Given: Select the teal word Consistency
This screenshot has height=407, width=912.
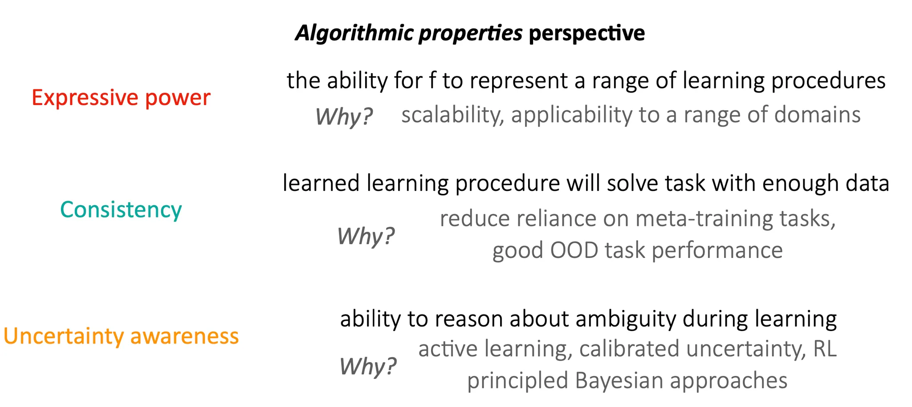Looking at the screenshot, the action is coord(121,210).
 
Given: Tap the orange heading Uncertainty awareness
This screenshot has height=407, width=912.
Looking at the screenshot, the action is coord(121,336).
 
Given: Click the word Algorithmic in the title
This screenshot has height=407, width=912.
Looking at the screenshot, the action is coord(354,33).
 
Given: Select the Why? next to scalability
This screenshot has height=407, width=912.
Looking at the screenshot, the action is coord(343,117).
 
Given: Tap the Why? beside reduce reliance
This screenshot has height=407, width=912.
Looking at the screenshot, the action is coord(366,236).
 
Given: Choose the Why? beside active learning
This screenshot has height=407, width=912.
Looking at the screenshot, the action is coord(368,366).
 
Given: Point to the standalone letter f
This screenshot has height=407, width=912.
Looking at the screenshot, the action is coord(431,81).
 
